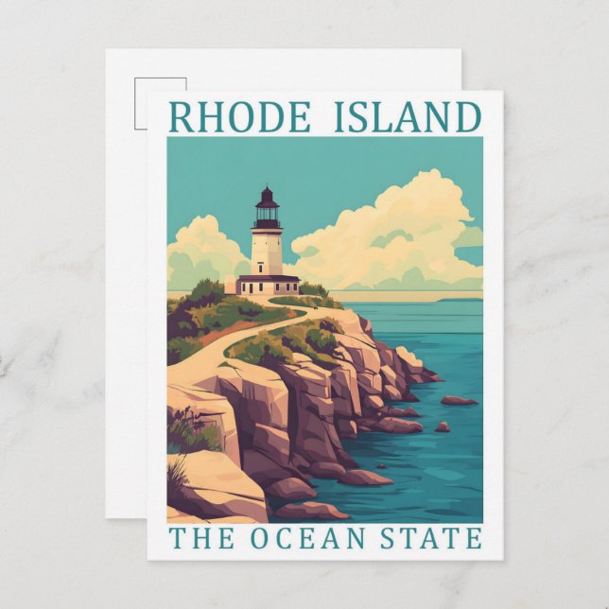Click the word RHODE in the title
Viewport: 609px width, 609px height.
pyautogui.click(x=239, y=116)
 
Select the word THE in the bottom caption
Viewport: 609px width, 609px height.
pyautogui.click(x=195, y=539)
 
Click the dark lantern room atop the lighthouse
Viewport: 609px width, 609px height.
pyautogui.click(x=268, y=211)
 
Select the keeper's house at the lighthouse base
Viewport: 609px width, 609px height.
pyautogui.click(x=269, y=284)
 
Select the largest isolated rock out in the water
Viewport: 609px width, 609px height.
pyautogui.click(x=459, y=400)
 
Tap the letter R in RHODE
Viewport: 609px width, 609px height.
pyautogui.click(x=181, y=116)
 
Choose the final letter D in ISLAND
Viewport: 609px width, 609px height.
pyautogui.click(x=467, y=116)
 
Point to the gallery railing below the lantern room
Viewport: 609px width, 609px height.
pyautogui.click(x=268, y=226)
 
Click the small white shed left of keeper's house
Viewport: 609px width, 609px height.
pyautogui.click(x=231, y=285)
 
